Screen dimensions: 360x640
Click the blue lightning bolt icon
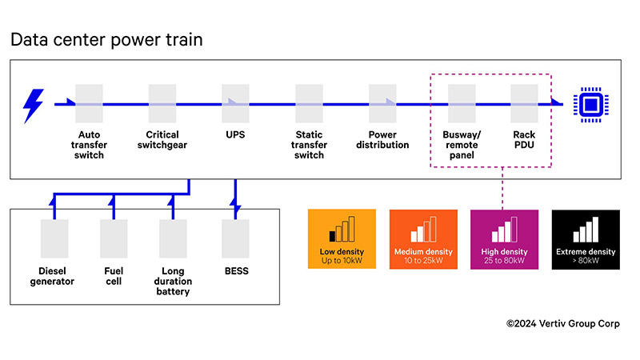point(34,105)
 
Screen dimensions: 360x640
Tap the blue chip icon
point(590,105)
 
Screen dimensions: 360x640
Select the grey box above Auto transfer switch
point(90,104)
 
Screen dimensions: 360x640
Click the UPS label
point(235,134)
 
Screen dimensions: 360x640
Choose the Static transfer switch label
point(310,145)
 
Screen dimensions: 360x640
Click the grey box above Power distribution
point(382,104)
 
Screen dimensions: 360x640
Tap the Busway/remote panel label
point(462,145)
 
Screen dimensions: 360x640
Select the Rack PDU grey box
point(524,104)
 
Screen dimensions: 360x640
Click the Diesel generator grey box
point(56,239)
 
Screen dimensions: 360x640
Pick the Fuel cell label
point(114,276)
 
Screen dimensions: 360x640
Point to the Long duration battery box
point(173,239)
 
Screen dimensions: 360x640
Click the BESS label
point(236,271)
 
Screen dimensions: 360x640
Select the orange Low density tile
point(342,239)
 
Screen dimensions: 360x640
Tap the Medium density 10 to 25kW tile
point(423,239)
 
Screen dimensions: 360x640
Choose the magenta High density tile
point(505,239)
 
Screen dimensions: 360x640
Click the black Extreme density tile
point(586,239)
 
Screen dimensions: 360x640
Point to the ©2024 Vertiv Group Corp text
point(562,324)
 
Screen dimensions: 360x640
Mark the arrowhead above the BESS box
point(236,207)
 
